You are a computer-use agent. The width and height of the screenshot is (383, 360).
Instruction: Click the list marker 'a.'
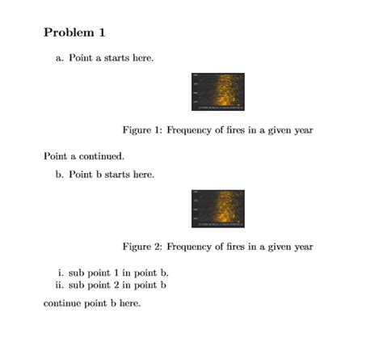[x=60, y=58]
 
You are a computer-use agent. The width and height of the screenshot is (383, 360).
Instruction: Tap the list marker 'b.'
[x=60, y=174]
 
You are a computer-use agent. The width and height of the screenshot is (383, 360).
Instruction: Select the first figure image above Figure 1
[x=218, y=91]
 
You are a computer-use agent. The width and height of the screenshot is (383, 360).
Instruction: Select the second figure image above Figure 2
[x=218, y=208]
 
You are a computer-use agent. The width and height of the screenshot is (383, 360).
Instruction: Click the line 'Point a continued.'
[x=83, y=155]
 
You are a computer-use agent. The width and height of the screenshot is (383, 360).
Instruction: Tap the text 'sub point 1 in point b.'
[x=119, y=273]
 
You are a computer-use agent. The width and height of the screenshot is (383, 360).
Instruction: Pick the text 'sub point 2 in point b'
[x=118, y=285]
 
